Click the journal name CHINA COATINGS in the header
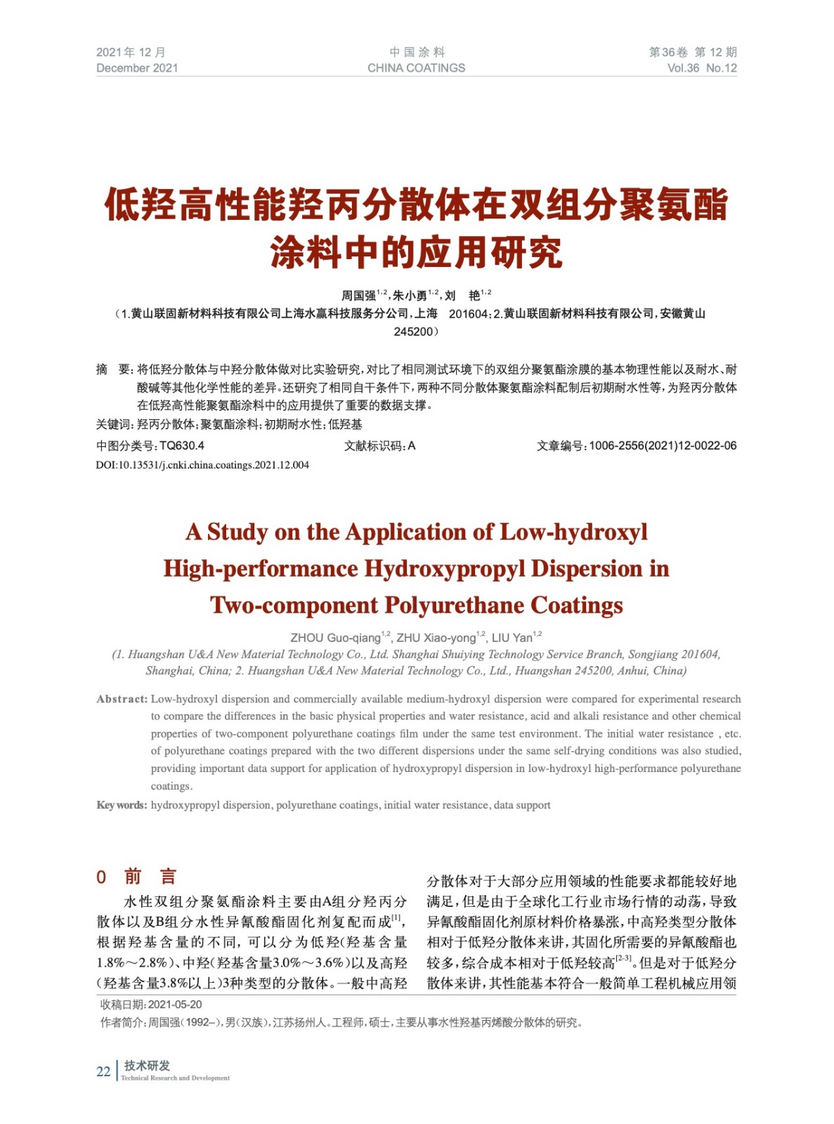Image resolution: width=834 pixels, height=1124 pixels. (x=416, y=68)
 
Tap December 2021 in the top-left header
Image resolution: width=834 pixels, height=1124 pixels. (x=137, y=68)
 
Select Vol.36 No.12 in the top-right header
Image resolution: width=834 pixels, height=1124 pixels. (x=701, y=68)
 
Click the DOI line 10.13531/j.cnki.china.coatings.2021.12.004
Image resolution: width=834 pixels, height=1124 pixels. (x=202, y=465)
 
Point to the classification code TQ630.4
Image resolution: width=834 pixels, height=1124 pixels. (x=182, y=445)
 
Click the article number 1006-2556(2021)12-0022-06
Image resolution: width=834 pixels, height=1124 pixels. (x=663, y=445)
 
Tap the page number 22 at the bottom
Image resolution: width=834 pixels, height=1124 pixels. (x=103, y=1071)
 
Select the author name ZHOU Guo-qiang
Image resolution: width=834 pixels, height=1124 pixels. (x=335, y=638)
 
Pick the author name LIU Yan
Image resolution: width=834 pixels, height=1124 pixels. (x=512, y=638)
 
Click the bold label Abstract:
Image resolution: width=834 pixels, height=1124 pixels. (x=122, y=699)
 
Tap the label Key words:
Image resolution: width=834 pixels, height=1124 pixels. (x=122, y=805)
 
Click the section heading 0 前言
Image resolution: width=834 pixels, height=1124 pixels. (x=136, y=876)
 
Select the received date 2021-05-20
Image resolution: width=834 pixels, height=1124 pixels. (x=175, y=1005)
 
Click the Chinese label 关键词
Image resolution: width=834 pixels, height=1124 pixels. (x=113, y=424)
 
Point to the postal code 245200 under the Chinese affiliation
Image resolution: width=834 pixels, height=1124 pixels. (x=415, y=332)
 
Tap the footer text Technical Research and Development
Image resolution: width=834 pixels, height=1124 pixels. (x=175, y=1078)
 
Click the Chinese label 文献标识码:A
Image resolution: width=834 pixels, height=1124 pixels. (x=379, y=445)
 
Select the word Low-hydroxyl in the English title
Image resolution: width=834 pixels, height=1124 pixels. (x=573, y=532)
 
